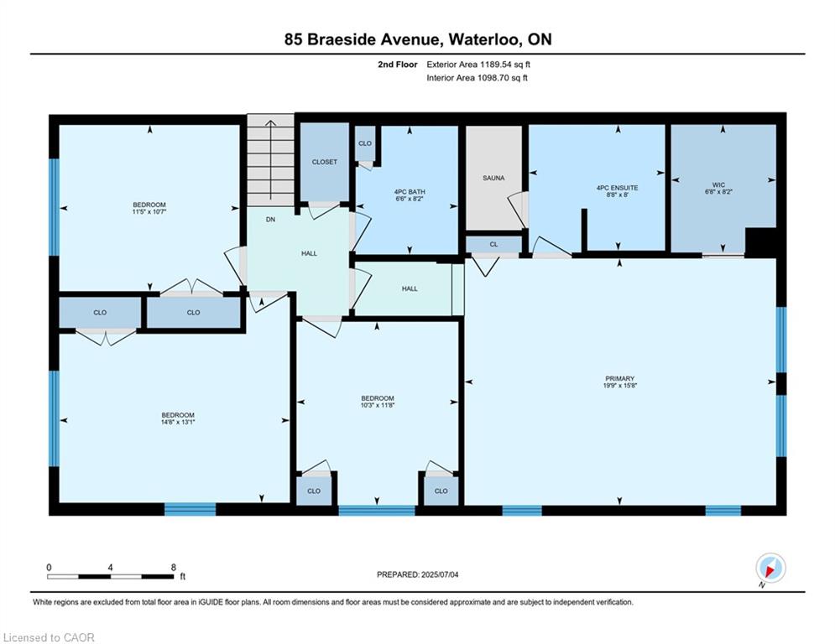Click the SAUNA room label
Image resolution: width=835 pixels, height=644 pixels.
[x=493, y=178]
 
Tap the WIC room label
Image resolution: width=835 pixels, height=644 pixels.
[x=718, y=184]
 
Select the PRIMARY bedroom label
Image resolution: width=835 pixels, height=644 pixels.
[x=619, y=378]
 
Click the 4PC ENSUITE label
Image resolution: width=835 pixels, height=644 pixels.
[x=617, y=187]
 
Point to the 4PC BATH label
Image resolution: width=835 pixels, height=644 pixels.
[x=410, y=191]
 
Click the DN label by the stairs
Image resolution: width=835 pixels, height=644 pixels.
[x=270, y=220]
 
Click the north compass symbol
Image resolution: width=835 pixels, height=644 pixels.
[x=770, y=568]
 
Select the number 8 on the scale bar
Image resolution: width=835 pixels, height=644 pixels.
[x=173, y=568]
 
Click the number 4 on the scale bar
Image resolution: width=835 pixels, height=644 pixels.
[x=110, y=568]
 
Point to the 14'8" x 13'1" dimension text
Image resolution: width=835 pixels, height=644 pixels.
[x=178, y=422]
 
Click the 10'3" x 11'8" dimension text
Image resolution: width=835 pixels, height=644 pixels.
[x=377, y=405]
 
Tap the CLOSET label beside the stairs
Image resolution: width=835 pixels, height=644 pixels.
[x=324, y=162]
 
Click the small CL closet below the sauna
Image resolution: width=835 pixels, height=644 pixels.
[x=493, y=244]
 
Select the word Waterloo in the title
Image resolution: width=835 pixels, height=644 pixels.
[x=485, y=39]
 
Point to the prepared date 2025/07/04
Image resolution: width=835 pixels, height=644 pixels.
[x=440, y=574]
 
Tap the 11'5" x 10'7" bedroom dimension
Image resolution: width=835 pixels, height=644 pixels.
[x=149, y=212]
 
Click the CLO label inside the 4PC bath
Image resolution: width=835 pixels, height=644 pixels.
[x=365, y=143]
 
